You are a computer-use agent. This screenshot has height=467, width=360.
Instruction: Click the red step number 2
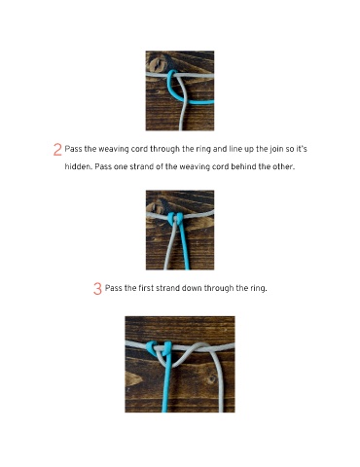pyautogui.click(x=57, y=150)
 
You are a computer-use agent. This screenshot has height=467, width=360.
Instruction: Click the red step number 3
pyautogui.click(x=97, y=289)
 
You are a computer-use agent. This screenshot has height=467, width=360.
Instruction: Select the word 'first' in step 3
pyautogui.click(x=146, y=288)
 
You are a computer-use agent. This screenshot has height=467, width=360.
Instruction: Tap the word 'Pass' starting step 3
pyautogui.click(x=113, y=288)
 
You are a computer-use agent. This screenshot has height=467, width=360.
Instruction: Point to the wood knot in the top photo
pyautogui.click(x=157, y=64)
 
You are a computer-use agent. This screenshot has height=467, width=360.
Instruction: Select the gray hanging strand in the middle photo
pyautogui.click(x=169, y=245)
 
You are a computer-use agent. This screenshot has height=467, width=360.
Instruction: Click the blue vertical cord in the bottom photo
pyautogui.click(x=166, y=381)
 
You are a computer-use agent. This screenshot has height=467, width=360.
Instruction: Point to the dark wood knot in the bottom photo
pyautogui.click(x=212, y=378)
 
